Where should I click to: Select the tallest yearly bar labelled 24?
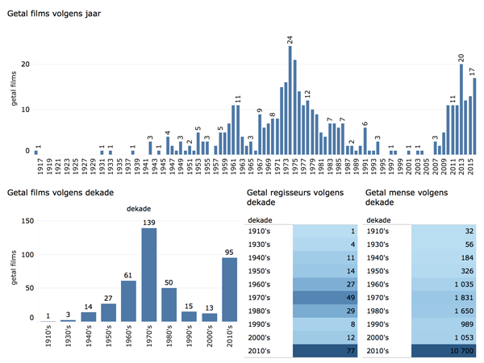[x=290, y=101]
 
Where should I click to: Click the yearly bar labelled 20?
[x=461, y=110]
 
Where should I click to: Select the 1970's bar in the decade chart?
[x=148, y=274]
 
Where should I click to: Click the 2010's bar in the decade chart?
[x=229, y=289]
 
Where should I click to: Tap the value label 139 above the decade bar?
[x=148, y=222]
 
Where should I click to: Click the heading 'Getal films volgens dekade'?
[x=59, y=193]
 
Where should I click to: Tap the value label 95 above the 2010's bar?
[x=229, y=250]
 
